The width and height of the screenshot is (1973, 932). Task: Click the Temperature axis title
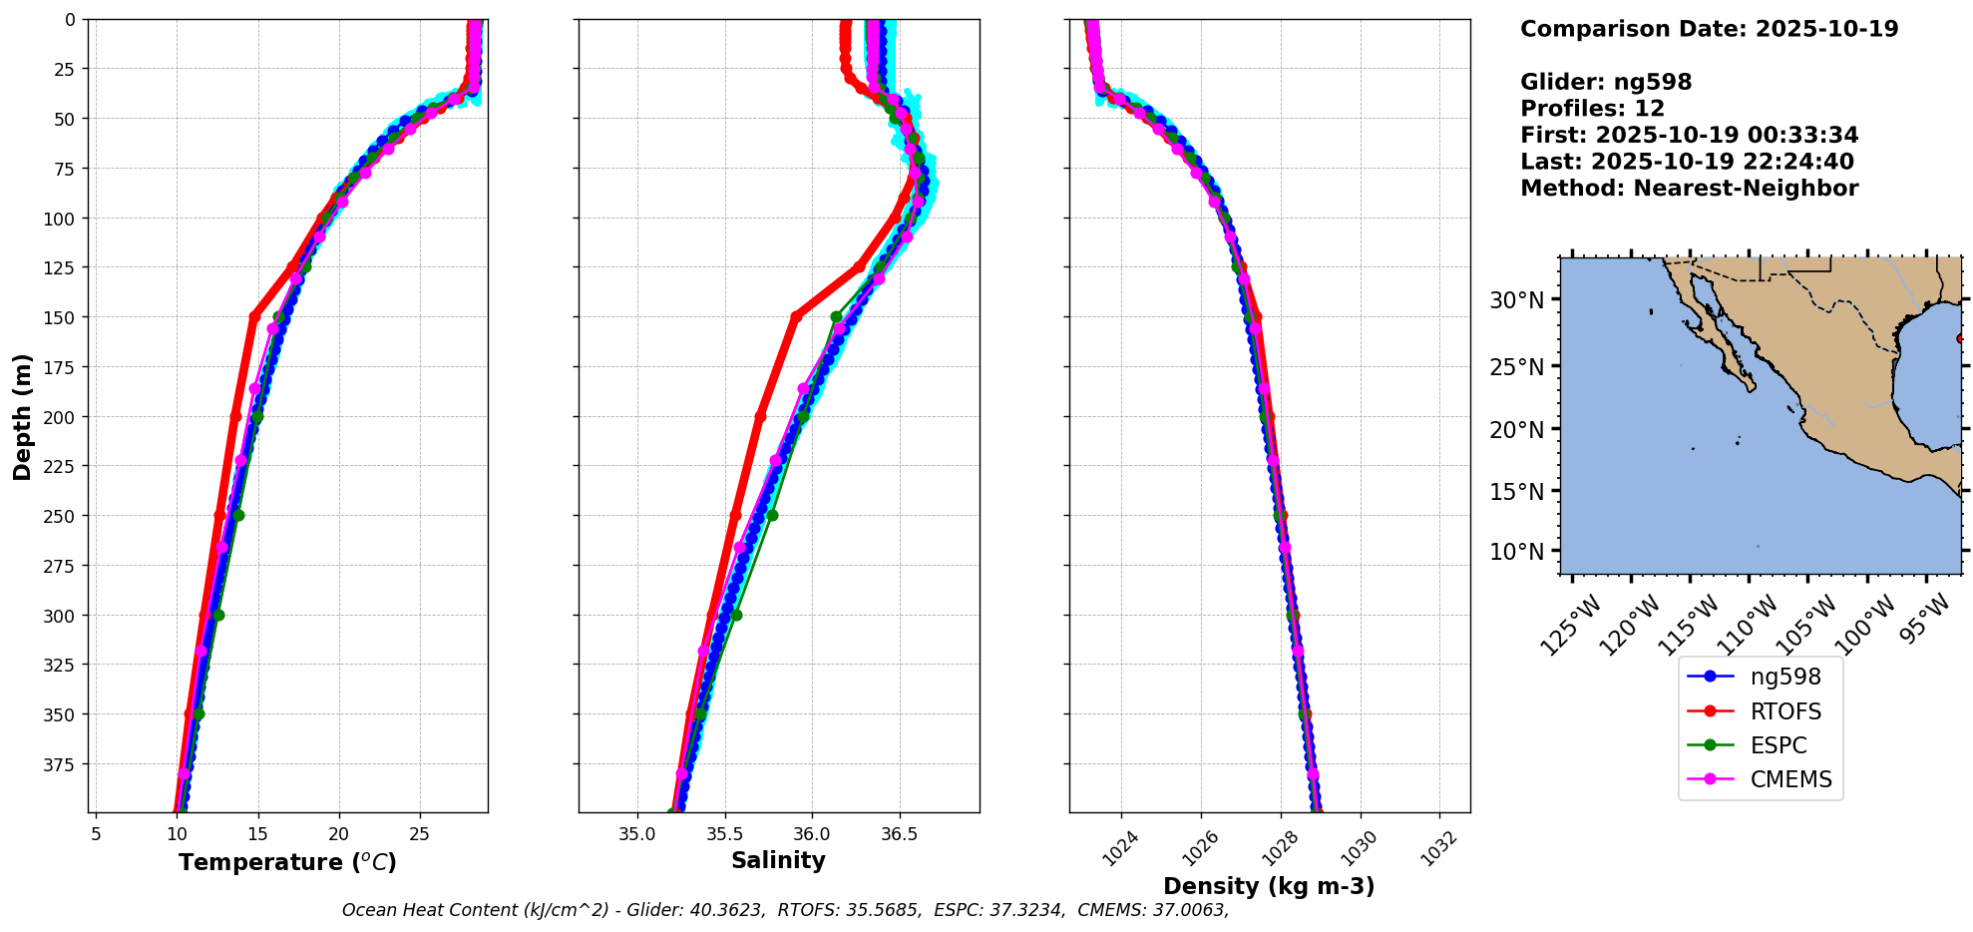click(287, 862)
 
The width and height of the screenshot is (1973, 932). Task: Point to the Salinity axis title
click(778, 860)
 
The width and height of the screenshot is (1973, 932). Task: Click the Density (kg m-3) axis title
click(1269, 886)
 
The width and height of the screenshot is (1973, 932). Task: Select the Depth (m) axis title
click(22, 416)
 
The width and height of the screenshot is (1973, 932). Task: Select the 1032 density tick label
click(1438, 849)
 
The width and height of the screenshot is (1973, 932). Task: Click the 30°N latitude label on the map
click(1516, 300)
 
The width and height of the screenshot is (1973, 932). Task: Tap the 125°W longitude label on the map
click(1570, 625)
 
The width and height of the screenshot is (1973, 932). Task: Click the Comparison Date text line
click(1709, 29)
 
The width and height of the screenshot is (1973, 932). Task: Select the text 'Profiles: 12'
click(1592, 109)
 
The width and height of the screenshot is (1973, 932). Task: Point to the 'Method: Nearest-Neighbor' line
click(1689, 189)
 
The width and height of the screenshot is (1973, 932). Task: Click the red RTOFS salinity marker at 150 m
click(795, 316)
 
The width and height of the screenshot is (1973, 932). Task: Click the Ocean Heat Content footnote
click(785, 910)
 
